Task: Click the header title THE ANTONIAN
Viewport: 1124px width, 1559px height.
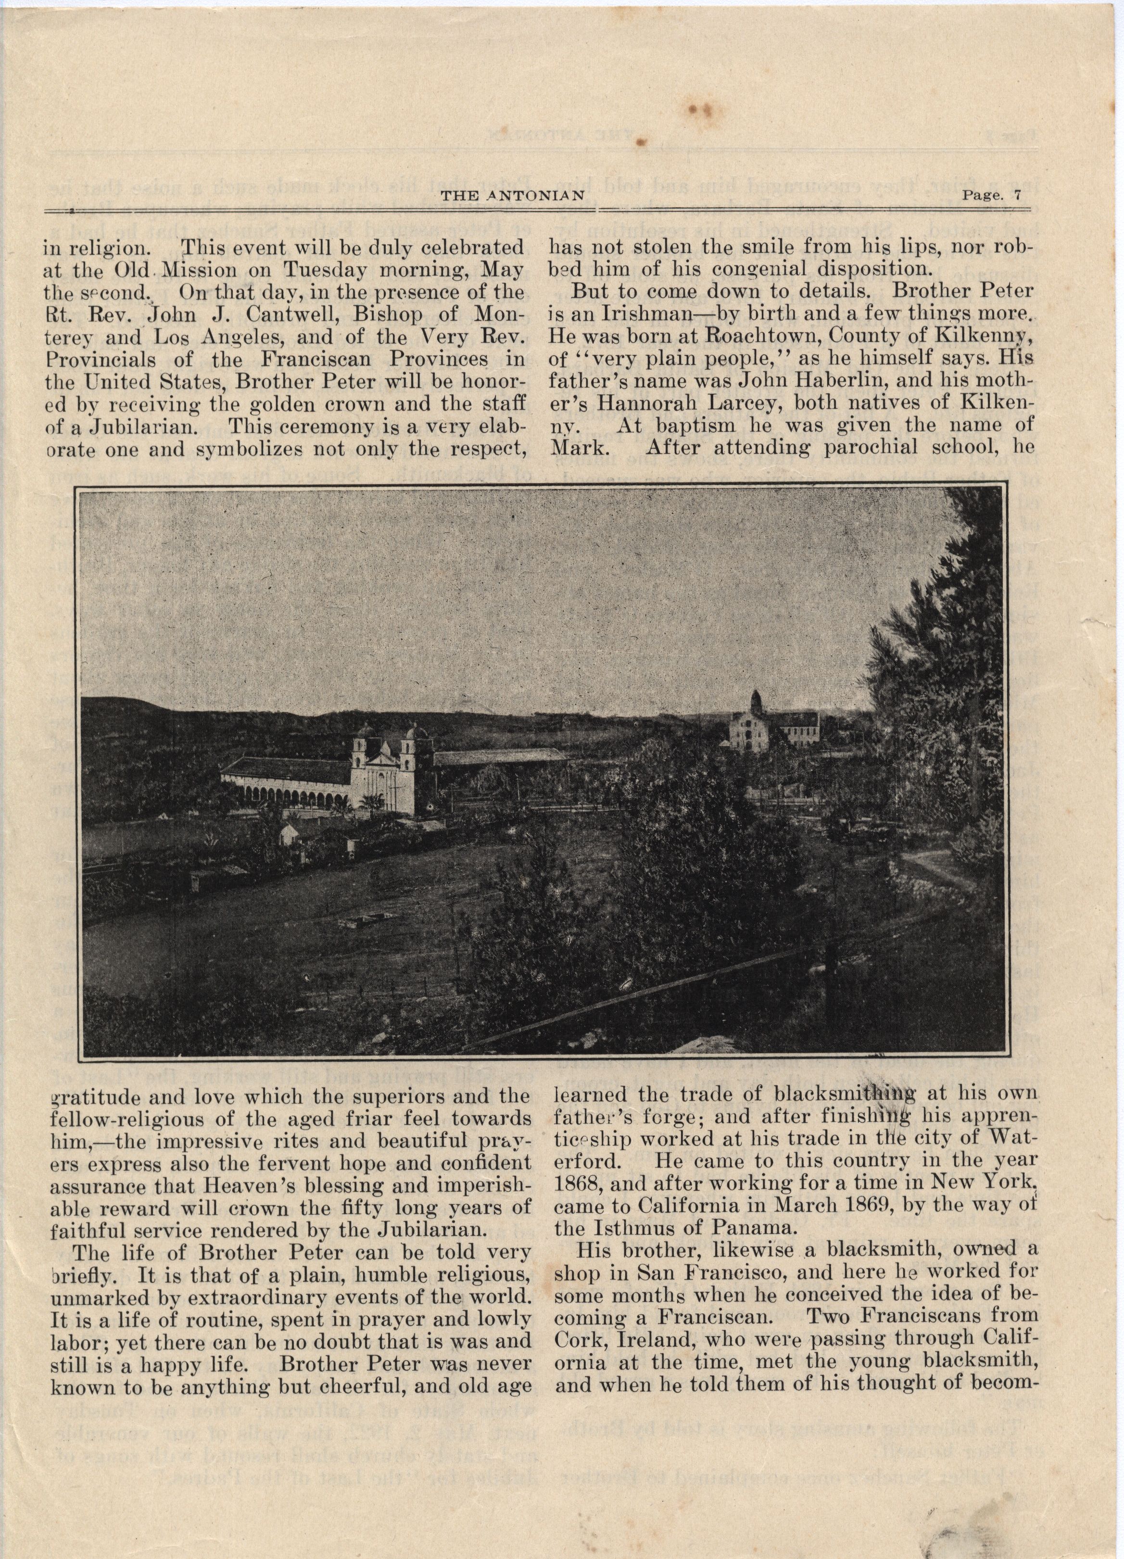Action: click(x=512, y=195)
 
